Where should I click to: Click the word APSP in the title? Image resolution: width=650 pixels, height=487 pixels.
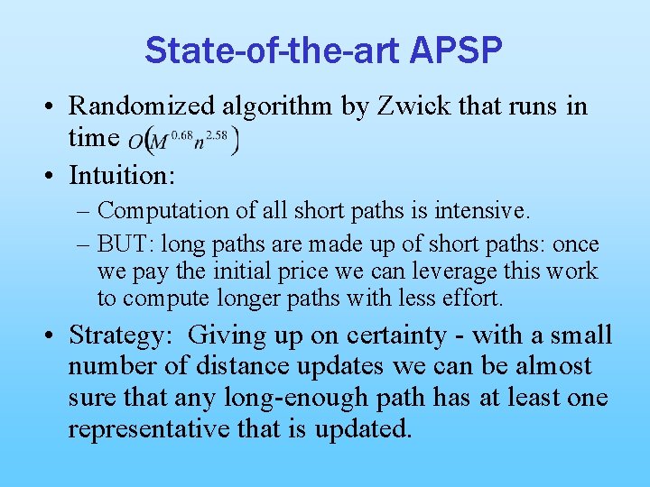click(455, 51)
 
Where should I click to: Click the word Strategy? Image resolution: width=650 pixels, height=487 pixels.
click(120, 335)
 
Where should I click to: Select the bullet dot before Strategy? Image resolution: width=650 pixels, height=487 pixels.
click(51, 335)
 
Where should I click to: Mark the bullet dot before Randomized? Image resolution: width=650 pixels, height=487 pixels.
click(51, 106)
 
